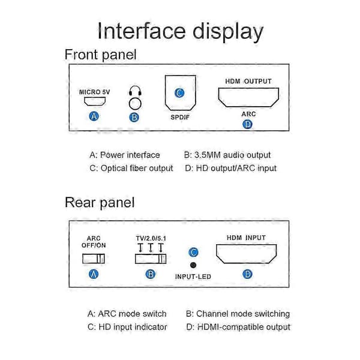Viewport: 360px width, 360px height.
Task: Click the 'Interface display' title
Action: point(181,32)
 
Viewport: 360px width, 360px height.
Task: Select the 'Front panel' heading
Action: point(101,55)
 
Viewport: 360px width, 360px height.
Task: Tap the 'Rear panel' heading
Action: point(100,203)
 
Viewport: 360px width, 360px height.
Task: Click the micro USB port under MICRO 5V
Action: point(95,101)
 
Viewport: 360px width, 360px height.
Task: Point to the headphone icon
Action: point(135,91)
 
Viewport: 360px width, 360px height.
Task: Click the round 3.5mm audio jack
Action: point(135,104)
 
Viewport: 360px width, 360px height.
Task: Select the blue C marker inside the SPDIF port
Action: point(179,93)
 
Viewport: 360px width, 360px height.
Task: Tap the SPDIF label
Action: point(180,118)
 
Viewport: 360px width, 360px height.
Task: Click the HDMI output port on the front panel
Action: point(248,97)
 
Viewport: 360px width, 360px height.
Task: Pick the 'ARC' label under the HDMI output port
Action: point(248,114)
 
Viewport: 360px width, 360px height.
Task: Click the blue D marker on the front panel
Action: point(247,124)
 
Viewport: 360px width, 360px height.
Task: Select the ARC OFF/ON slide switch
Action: point(94,259)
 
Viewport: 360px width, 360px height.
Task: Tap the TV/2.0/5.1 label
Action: point(151,238)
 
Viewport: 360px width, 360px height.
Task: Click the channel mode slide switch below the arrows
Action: point(151,259)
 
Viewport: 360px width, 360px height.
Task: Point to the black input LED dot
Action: point(193,265)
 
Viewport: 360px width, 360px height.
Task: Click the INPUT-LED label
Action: point(193,277)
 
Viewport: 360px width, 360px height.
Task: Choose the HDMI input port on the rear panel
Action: point(246,254)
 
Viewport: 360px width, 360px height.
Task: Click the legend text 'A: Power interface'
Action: point(125,155)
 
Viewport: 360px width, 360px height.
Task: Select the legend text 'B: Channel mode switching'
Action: point(238,314)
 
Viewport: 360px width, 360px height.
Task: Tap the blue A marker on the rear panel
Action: point(94,274)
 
